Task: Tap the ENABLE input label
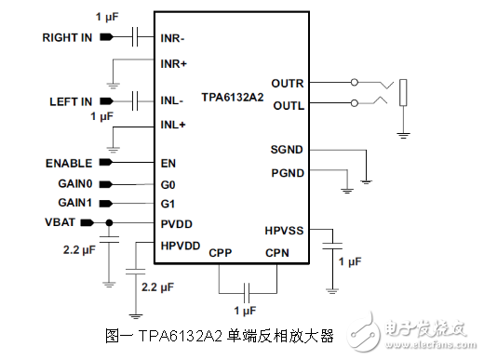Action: (69, 163)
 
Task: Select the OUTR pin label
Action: (288, 83)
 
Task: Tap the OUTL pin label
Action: (288, 104)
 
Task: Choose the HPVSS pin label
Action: (284, 230)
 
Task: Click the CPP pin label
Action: (221, 252)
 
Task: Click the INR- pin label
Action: (174, 38)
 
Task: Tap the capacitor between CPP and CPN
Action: (248, 288)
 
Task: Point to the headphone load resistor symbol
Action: (403, 93)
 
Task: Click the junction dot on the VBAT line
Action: (110, 222)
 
